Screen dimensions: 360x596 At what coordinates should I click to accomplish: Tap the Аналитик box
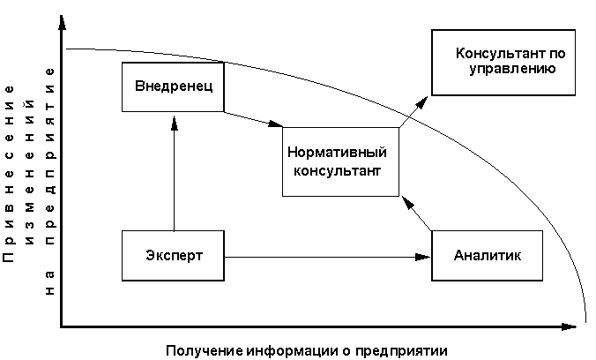click(x=486, y=256)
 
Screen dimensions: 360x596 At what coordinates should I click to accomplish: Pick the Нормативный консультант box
click(x=340, y=161)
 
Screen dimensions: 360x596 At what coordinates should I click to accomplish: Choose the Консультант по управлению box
click(x=503, y=61)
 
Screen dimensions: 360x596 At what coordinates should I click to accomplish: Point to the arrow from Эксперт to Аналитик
click(x=326, y=257)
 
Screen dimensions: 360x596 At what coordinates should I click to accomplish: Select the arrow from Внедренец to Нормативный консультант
click(x=252, y=120)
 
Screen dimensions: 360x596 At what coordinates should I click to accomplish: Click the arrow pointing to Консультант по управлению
click(x=414, y=109)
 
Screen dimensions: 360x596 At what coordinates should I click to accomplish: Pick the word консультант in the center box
click(x=340, y=170)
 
